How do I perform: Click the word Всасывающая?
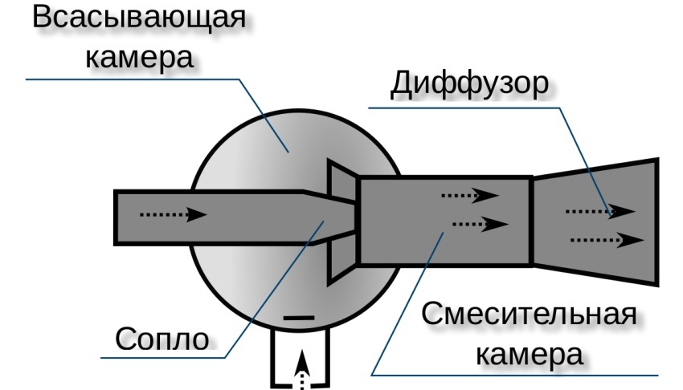(137, 19)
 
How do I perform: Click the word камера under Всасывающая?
(137, 58)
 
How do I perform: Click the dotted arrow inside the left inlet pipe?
(173, 214)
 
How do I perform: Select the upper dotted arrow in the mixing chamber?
(469, 194)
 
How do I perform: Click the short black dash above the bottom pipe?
(300, 319)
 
